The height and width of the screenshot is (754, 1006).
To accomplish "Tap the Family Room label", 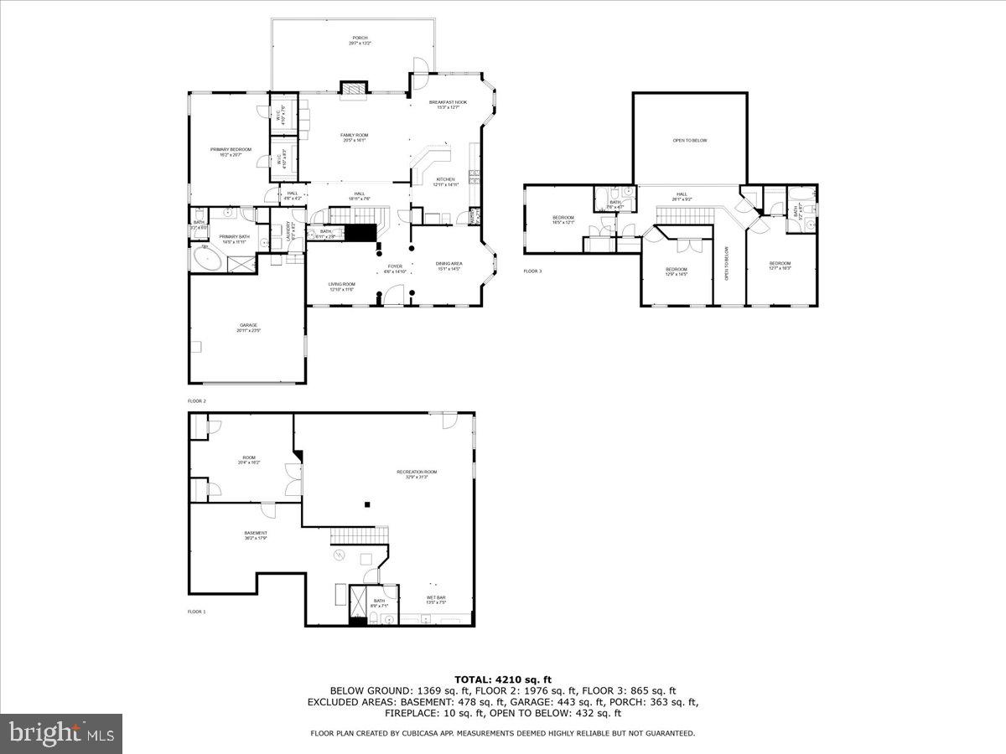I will pyautogui.click(x=354, y=137).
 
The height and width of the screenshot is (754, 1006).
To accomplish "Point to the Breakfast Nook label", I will pyautogui.click(x=448, y=104).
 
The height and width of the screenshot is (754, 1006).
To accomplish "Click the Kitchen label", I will pyautogui.click(x=445, y=182).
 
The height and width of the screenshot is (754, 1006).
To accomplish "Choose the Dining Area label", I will pyautogui.click(x=449, y=266).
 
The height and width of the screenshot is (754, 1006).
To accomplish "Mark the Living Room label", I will pyautogui.click(x=341, y=287).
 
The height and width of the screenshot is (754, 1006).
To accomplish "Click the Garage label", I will pyautogui.click(x=248, y=328).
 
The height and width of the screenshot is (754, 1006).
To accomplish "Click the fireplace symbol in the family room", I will pyautogui.click(x=354, y=87).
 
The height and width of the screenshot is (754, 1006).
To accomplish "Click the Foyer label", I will pyautogui.click(x=395, y=269).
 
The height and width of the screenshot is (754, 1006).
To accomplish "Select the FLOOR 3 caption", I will pyautogui.click(x=532, y=271).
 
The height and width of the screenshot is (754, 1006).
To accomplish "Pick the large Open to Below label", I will pyautogui.click(x=689, y=141).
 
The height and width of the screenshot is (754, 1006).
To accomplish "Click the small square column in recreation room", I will pyautogui.click(x=366, y=504).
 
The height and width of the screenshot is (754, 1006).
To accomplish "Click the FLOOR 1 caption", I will pyautogui.click(x=196, y=612).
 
